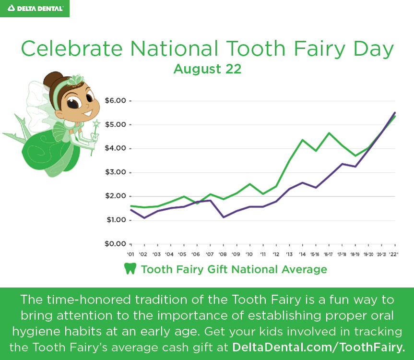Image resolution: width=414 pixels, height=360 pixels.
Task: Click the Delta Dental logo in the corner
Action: click(35, 9)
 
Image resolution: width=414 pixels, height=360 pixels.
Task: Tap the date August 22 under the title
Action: click(207, 69)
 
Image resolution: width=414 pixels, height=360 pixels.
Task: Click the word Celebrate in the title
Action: click(72, 48)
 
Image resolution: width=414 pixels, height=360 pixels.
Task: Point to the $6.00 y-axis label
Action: click(116, 101)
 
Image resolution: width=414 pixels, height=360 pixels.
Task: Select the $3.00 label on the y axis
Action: click(116, 172)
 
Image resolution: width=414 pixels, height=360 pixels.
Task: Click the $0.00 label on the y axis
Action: click(116, 244)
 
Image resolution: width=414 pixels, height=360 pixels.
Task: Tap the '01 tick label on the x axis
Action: click(130, 254)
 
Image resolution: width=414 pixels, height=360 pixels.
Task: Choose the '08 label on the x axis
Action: click(223, 254)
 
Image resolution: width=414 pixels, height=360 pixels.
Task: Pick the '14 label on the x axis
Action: click(302, 254)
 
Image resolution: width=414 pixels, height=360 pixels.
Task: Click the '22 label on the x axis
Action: click(394, 254)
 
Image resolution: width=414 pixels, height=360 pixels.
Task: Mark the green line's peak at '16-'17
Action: click(329, 133)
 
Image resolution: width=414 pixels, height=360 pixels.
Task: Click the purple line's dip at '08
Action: click(224, 217)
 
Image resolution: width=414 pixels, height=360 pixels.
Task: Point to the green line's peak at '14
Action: click(303, 140)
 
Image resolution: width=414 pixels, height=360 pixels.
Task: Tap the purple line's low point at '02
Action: click(144, 218)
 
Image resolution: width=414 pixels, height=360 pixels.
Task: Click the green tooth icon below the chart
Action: click(130, 269)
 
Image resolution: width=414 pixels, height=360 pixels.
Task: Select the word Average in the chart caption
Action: click(304, 269)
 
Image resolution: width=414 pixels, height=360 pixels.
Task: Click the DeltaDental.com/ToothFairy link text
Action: click(319, 348)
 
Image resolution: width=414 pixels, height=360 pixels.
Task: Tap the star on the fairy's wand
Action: click(96, 123)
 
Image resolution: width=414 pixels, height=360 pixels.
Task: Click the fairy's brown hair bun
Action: click(53, 79)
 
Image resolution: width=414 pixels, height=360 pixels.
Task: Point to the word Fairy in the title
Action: click(320, 49)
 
